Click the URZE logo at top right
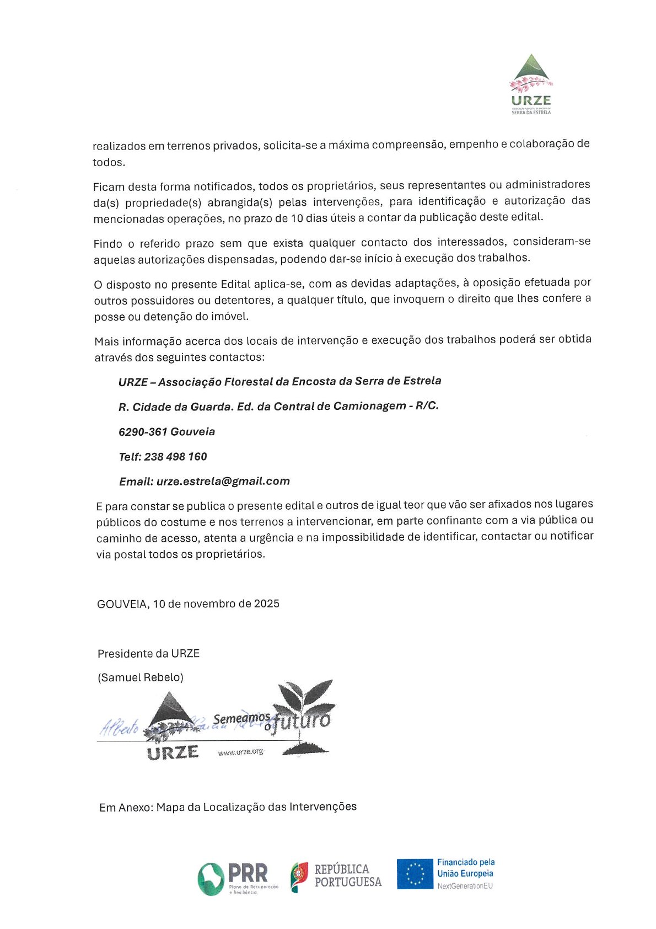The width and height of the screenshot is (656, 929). [531, 84]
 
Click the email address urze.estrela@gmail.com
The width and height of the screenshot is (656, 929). [223, 481]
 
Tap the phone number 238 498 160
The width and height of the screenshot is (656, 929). [175, 457]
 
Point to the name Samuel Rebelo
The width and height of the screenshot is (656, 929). [141, 677]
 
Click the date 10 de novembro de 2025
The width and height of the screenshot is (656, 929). [216, 604]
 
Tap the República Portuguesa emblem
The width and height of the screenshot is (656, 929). [299, 876]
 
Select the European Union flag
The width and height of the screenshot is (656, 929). [415, 874]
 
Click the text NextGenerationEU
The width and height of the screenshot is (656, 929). [465, 886]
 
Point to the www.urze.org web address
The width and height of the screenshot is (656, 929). [240, 752]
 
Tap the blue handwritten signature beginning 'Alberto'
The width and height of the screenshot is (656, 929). [119, 728]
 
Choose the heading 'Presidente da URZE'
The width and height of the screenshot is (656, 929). [148, 654]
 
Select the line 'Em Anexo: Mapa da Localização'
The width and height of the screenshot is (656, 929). [228, 807]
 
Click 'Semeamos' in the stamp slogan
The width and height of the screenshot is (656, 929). [241, 719]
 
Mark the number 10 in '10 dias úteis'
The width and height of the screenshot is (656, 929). [297, 218]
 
